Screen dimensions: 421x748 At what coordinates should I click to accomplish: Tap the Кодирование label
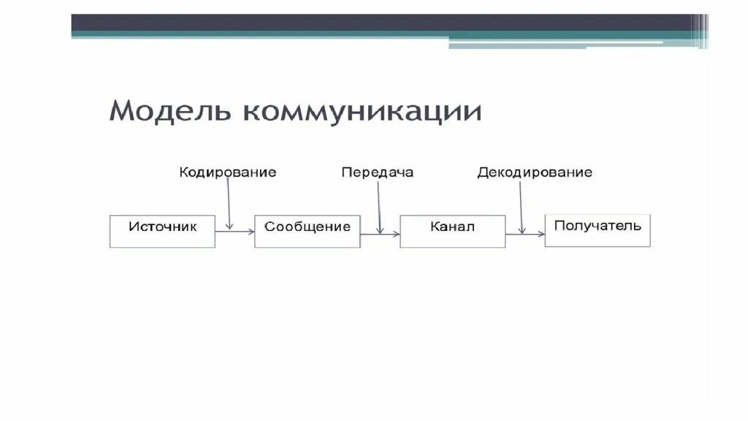pos(228,173)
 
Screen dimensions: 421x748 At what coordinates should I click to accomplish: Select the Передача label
pos(377,173)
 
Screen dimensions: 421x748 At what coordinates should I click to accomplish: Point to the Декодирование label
pos(535,173)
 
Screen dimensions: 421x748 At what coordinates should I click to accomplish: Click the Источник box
pos(162,231)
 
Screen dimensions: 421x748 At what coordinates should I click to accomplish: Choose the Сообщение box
pos(307,231)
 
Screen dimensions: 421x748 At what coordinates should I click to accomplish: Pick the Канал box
pos(452,231)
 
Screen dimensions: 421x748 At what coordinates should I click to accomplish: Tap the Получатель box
pos(598,230)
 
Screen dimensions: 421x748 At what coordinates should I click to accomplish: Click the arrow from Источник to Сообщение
pos(235,231)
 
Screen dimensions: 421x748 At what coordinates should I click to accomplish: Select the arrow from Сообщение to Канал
pos(380,234)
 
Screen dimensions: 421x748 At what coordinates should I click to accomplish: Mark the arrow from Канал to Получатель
pos(525,234)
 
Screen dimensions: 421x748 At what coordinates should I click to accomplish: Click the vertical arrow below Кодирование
pos(229,205)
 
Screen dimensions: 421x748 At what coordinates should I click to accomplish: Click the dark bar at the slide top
pos(387,23)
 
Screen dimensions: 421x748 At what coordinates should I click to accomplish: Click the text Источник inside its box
pos(162,227)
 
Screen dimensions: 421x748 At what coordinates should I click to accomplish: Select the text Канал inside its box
pos(452,227)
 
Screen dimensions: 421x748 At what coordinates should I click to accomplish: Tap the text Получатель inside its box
pos(598,225)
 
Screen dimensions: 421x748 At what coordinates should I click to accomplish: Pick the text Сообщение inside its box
pos(307,227)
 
